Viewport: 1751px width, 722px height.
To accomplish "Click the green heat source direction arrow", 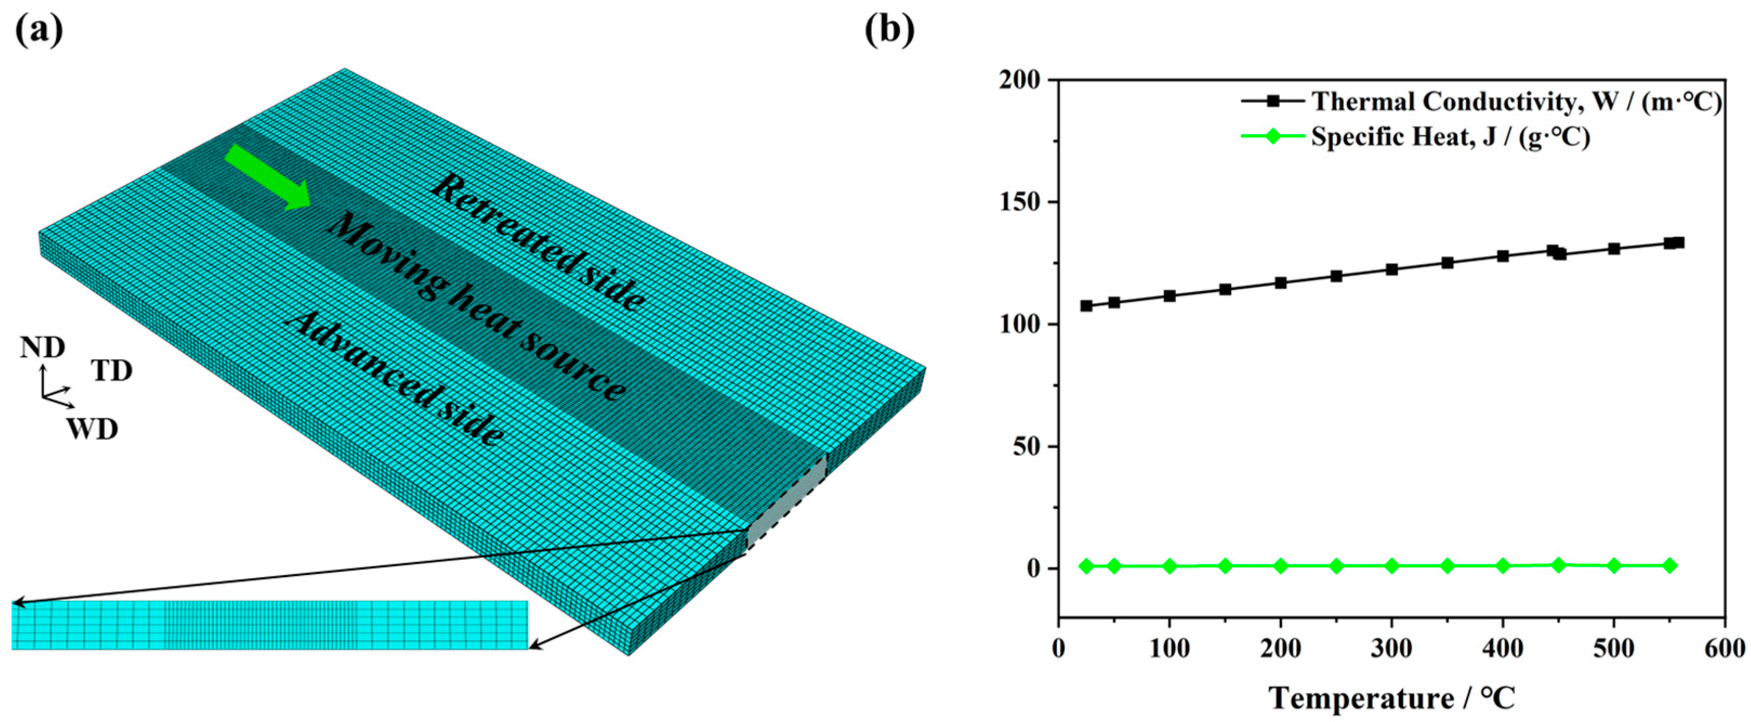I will click(267, 176).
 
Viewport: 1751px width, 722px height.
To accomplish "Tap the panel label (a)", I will click(39, 29).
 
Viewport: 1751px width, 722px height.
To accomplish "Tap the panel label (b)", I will click(889, 29).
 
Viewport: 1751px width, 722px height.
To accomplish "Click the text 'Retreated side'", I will click(538, 241).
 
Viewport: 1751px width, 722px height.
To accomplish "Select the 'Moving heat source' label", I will click(476, 306).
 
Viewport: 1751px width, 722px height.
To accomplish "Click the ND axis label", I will click(42, 348).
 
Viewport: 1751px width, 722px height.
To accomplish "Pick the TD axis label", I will click(111, 371).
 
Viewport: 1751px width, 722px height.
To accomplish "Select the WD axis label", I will click(92, 429).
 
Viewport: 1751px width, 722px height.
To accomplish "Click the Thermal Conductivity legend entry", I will click(1482, 101).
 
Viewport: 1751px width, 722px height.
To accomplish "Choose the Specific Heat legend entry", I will click(1414, 137).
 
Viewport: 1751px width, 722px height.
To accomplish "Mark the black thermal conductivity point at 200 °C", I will click(1280, 283).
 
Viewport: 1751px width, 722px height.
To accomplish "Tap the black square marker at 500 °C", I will click(1614, 249).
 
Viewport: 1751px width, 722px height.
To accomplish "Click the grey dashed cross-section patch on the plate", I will click(787, 503).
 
